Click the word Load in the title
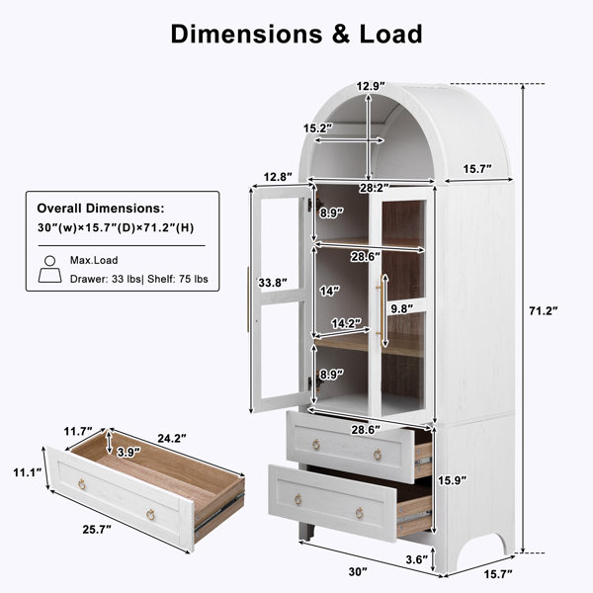(390, 34)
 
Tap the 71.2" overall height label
(544, 311)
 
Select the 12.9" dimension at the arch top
(371, 86)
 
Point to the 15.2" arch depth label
(318, 128)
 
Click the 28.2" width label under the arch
(374, 188)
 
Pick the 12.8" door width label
(278, 177)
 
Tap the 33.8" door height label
(273, 283)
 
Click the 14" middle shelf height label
(329, 291)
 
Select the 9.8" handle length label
(402, 309)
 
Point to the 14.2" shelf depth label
(347, 323)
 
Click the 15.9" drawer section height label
(453, 480)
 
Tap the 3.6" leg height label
(416, 559)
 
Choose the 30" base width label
(358, 572)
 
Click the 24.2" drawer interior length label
(172, 438)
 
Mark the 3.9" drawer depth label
(128, 452)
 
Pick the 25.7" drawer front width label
(97, 530)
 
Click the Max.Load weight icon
(50, 269)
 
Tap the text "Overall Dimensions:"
(101, 208)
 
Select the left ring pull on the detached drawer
(82, 483)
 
